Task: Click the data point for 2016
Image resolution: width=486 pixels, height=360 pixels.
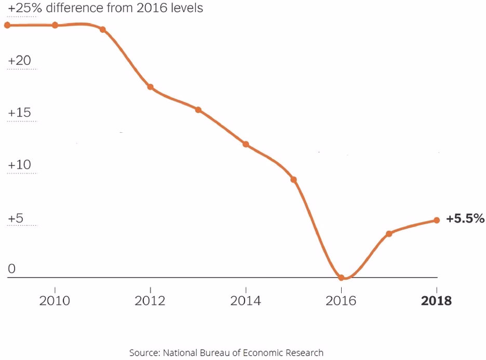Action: [341, 278]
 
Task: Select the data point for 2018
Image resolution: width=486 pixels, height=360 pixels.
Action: [437, 220]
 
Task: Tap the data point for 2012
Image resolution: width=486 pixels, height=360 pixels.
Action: [150, 87]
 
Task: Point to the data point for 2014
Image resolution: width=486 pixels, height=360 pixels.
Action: [246, 144]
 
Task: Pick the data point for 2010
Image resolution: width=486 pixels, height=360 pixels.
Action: [55, 25]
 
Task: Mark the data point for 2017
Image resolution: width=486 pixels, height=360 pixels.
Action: [389, 233]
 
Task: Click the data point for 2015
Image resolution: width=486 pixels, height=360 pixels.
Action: [293, 179]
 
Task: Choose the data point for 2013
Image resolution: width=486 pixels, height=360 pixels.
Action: [198, 110]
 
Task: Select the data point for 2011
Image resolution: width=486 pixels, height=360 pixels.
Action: [102, 29]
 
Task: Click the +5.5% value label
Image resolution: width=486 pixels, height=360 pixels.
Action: [465, 218]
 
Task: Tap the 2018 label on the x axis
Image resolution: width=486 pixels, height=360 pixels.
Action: [437, 301]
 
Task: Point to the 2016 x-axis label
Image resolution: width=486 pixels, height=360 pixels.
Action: [341, 301]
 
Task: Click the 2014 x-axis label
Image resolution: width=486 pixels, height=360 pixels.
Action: [246, 301]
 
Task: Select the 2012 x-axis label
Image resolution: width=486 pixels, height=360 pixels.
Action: [150, 301]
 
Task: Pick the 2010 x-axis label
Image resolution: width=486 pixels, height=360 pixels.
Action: [55, 301]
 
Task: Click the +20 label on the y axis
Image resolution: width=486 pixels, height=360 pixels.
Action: [19, 61]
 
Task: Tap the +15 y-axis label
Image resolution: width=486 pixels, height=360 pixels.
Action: [19, 113]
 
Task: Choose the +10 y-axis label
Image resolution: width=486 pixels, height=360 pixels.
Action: [19, 165]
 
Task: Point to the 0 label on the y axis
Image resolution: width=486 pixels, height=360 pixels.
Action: [12, 269]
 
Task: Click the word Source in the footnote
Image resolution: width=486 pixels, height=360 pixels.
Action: [144, 353]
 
